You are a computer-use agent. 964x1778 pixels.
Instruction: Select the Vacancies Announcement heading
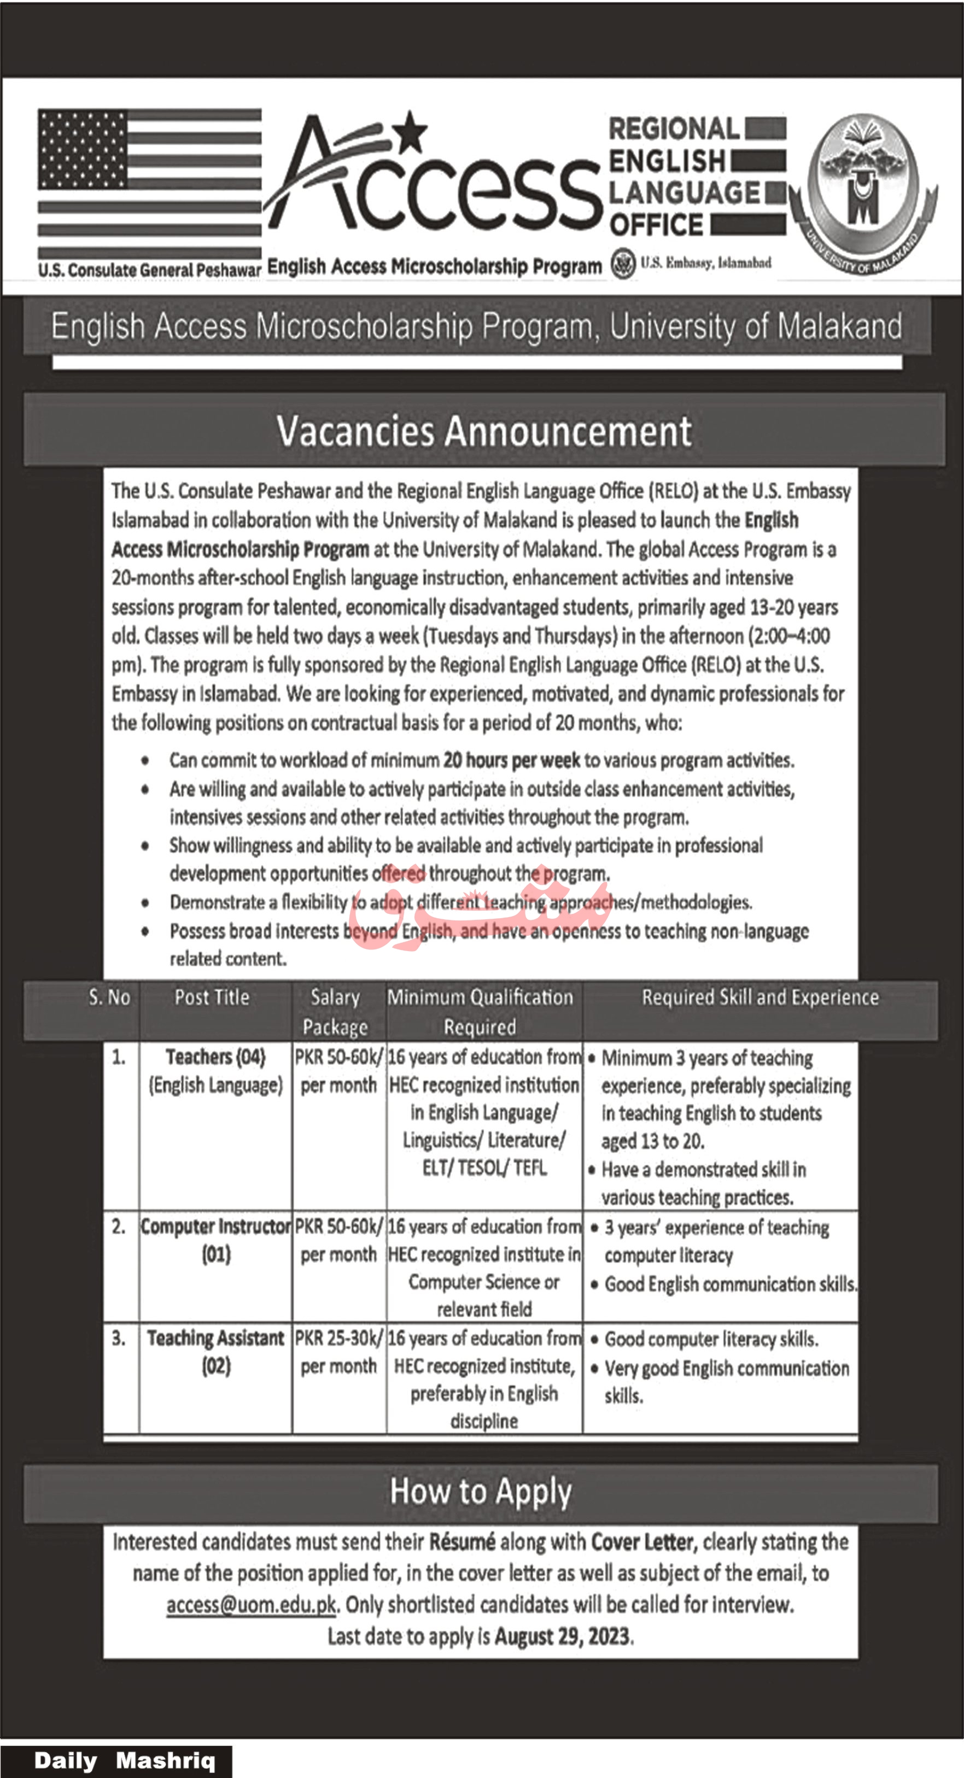click(483, 431)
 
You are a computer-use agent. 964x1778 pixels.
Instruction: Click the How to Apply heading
click(481, 1492)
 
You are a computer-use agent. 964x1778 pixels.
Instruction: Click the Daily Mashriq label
click(124, 1760)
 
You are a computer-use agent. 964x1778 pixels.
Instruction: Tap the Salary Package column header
click(335, 1012)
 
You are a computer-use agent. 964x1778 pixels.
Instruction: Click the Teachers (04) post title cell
click(215, 1071)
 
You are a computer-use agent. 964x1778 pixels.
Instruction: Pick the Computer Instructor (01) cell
click(215, 1240)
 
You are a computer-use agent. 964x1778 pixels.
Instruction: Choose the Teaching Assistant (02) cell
click(215, 1352)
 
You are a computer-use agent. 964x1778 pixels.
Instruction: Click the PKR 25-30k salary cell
click(338, 1352)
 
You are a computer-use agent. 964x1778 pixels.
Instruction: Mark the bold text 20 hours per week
click(512, 760)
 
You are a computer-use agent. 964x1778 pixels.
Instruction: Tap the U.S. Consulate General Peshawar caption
click(149, 269)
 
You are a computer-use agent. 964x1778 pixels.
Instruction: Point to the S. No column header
click(109, 997)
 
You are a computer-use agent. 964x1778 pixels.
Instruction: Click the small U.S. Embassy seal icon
click(623, 263)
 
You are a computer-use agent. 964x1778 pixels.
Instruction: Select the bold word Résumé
click(462, 1541)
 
